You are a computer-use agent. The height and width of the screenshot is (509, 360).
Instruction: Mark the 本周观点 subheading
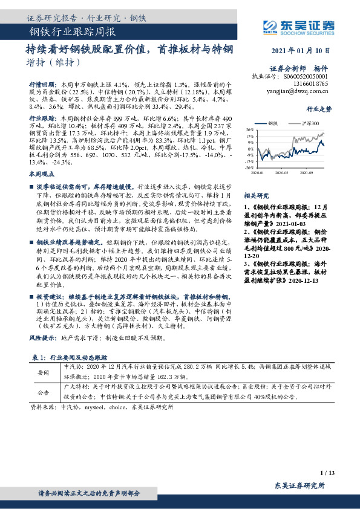41,173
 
